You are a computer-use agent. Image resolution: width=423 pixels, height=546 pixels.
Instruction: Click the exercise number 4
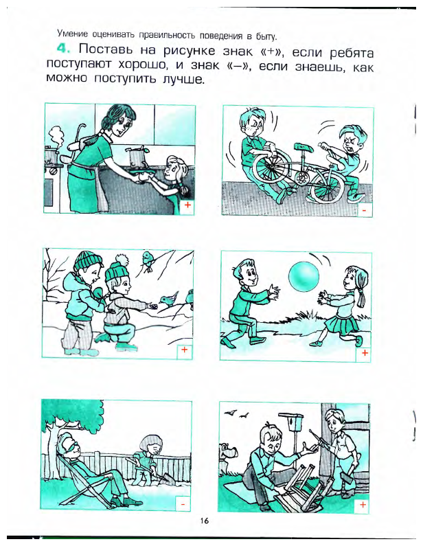pyautogui.click(x=63, y=49)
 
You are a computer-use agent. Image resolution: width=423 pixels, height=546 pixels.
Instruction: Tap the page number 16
pyautogui.click(x=204, y=521)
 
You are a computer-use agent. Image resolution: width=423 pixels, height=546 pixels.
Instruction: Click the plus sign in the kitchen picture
pyautogui.click(x=187, y=205)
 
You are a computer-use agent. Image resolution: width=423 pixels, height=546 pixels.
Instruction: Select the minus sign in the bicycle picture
pyautogui.click(x=364, y=211)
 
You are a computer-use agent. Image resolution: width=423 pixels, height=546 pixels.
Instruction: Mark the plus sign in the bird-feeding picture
pyautogui.click(x=185, y=350)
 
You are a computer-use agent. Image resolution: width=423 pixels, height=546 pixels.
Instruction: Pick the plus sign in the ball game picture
pyautogui.click(x=365, y=353)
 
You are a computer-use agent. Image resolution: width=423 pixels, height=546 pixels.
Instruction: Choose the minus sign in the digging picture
pyautogui.click(x=183, y=503)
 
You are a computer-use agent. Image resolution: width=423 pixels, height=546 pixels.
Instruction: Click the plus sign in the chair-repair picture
pyautogui.click(x=363, y=504)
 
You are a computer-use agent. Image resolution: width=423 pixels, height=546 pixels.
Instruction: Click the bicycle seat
pyautogui.click(x=303, y=147)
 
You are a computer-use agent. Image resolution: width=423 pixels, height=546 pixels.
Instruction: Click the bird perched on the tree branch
pyautogui.click(x=148, y=260)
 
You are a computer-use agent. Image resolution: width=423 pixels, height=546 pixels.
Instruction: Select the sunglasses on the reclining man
pyautogui.click(x=73, y=446)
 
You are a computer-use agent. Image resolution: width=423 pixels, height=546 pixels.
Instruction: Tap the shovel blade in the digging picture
pyautogui.click(x=165, y=477)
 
